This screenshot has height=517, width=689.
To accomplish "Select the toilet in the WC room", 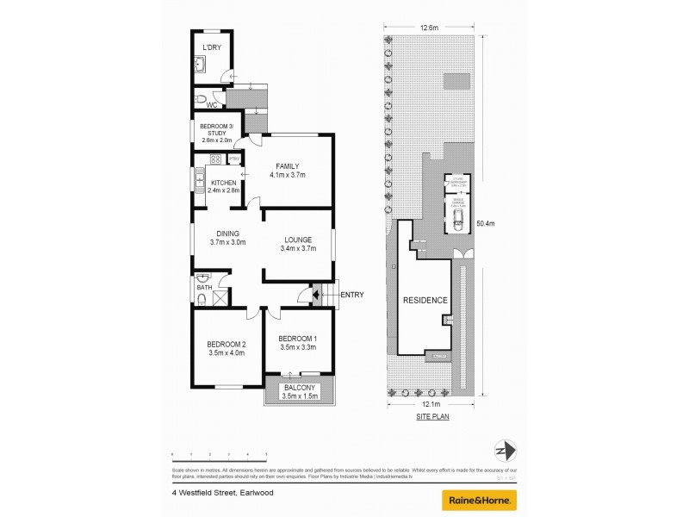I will click(x=200, y=98).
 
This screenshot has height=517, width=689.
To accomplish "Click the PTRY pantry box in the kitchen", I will click(x=233, y=159).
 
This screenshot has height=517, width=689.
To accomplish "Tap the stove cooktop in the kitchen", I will click(x=214, y=159).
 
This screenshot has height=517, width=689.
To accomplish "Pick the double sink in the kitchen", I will click(x=197, y=182).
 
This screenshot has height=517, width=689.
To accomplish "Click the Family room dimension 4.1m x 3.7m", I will click(x=288, y=175).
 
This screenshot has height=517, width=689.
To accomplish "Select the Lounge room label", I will click(x=295, y=240).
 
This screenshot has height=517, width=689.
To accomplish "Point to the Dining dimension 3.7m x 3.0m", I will click(x=227, y=243).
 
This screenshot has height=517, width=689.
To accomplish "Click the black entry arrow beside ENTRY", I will click(x=316, y=296).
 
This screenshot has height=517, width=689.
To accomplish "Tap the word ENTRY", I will click(x=351, y=296).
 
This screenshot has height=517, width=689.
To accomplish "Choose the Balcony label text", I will click(x=301, y=388).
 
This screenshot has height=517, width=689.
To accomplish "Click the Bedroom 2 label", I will click(x=227, y=343).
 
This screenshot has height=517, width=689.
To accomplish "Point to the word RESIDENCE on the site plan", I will click(x=425, y=301).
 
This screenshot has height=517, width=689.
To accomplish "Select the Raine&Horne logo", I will click(x=479, y=499).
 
